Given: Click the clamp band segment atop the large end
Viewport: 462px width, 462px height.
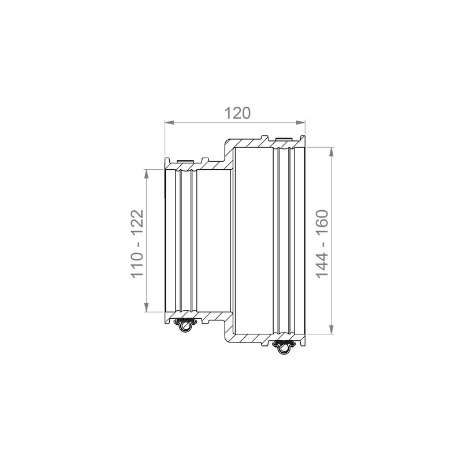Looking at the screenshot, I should pos(284,139).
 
